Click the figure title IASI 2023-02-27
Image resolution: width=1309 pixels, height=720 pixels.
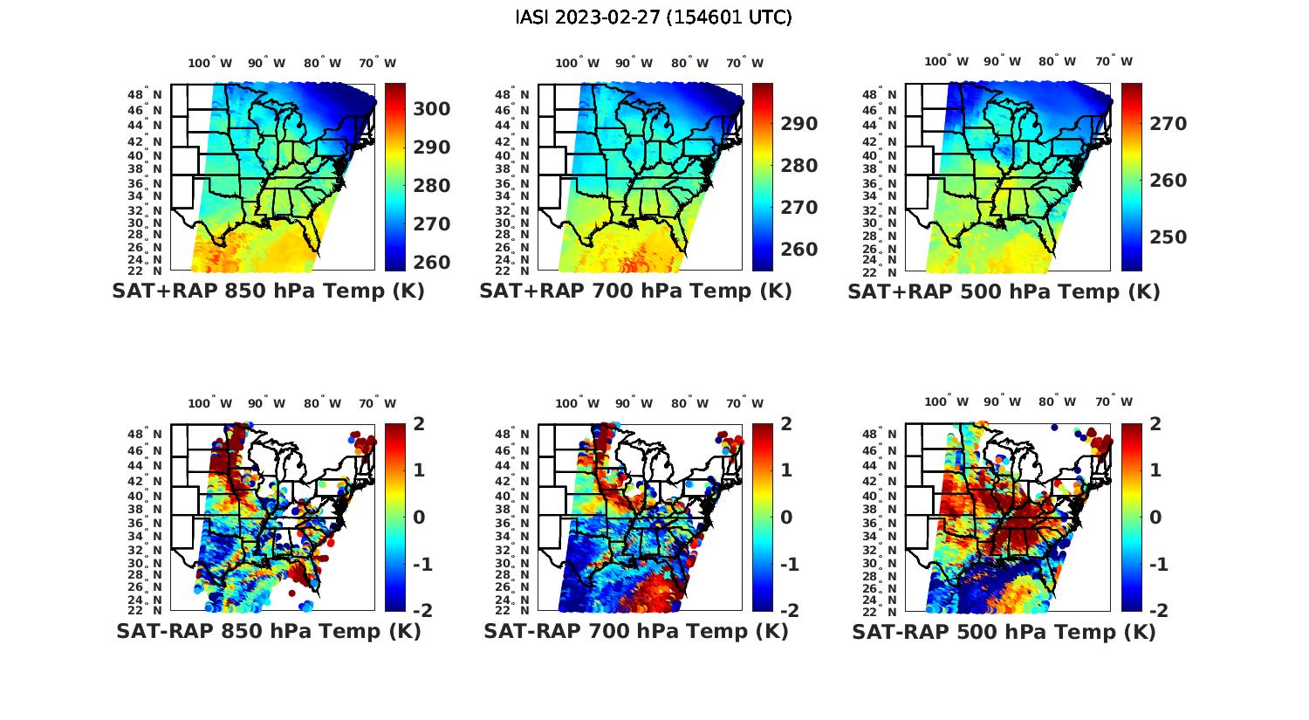point(654,17)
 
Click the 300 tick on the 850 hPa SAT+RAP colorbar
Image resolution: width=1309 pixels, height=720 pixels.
point(431,109)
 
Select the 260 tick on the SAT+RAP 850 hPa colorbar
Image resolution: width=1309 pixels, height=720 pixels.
point(431,263)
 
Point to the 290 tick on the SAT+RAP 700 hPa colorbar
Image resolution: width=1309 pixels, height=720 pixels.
point(799,124)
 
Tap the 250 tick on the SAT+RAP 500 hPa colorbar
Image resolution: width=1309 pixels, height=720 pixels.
point(1168,237)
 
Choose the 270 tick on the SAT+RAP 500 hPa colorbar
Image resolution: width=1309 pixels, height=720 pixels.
point(1168,124)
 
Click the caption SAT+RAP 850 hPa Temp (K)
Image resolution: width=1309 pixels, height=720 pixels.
point(268,291)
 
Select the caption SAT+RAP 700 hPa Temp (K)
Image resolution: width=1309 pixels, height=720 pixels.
point(635,291)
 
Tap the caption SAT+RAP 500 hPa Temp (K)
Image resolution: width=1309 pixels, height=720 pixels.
point(1004,291)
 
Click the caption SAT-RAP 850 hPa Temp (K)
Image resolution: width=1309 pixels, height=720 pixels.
point(268,632)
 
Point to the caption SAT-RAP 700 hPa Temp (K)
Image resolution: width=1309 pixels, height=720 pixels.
point(635,632)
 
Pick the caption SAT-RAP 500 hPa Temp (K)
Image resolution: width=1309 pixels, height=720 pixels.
point(1004,632)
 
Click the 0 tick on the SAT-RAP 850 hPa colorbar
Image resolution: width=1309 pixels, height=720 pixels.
point(418,518)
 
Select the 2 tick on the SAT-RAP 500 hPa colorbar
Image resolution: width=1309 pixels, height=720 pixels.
point(1155,424)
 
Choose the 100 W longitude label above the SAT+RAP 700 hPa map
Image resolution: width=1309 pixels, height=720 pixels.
point(577,63)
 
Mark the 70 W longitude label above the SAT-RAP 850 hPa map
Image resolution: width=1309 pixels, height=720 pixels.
point(378,403)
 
